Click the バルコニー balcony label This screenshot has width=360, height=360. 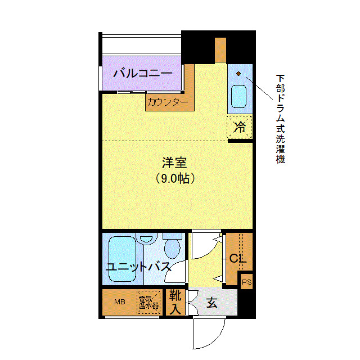[142, 73]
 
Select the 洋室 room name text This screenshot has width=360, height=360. [174, 164]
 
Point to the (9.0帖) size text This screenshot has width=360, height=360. [175, 179]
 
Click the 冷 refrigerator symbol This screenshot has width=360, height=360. [240, 127]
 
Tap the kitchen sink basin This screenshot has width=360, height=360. [239, 97]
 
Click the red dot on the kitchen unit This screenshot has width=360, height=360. [238, 74]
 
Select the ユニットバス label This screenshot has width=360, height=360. [138, 267]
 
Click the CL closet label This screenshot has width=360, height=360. [237, 259]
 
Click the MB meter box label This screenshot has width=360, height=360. [119, 302]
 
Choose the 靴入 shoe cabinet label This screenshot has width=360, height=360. [175, 302]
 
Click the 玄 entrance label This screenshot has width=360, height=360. [211, 303]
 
